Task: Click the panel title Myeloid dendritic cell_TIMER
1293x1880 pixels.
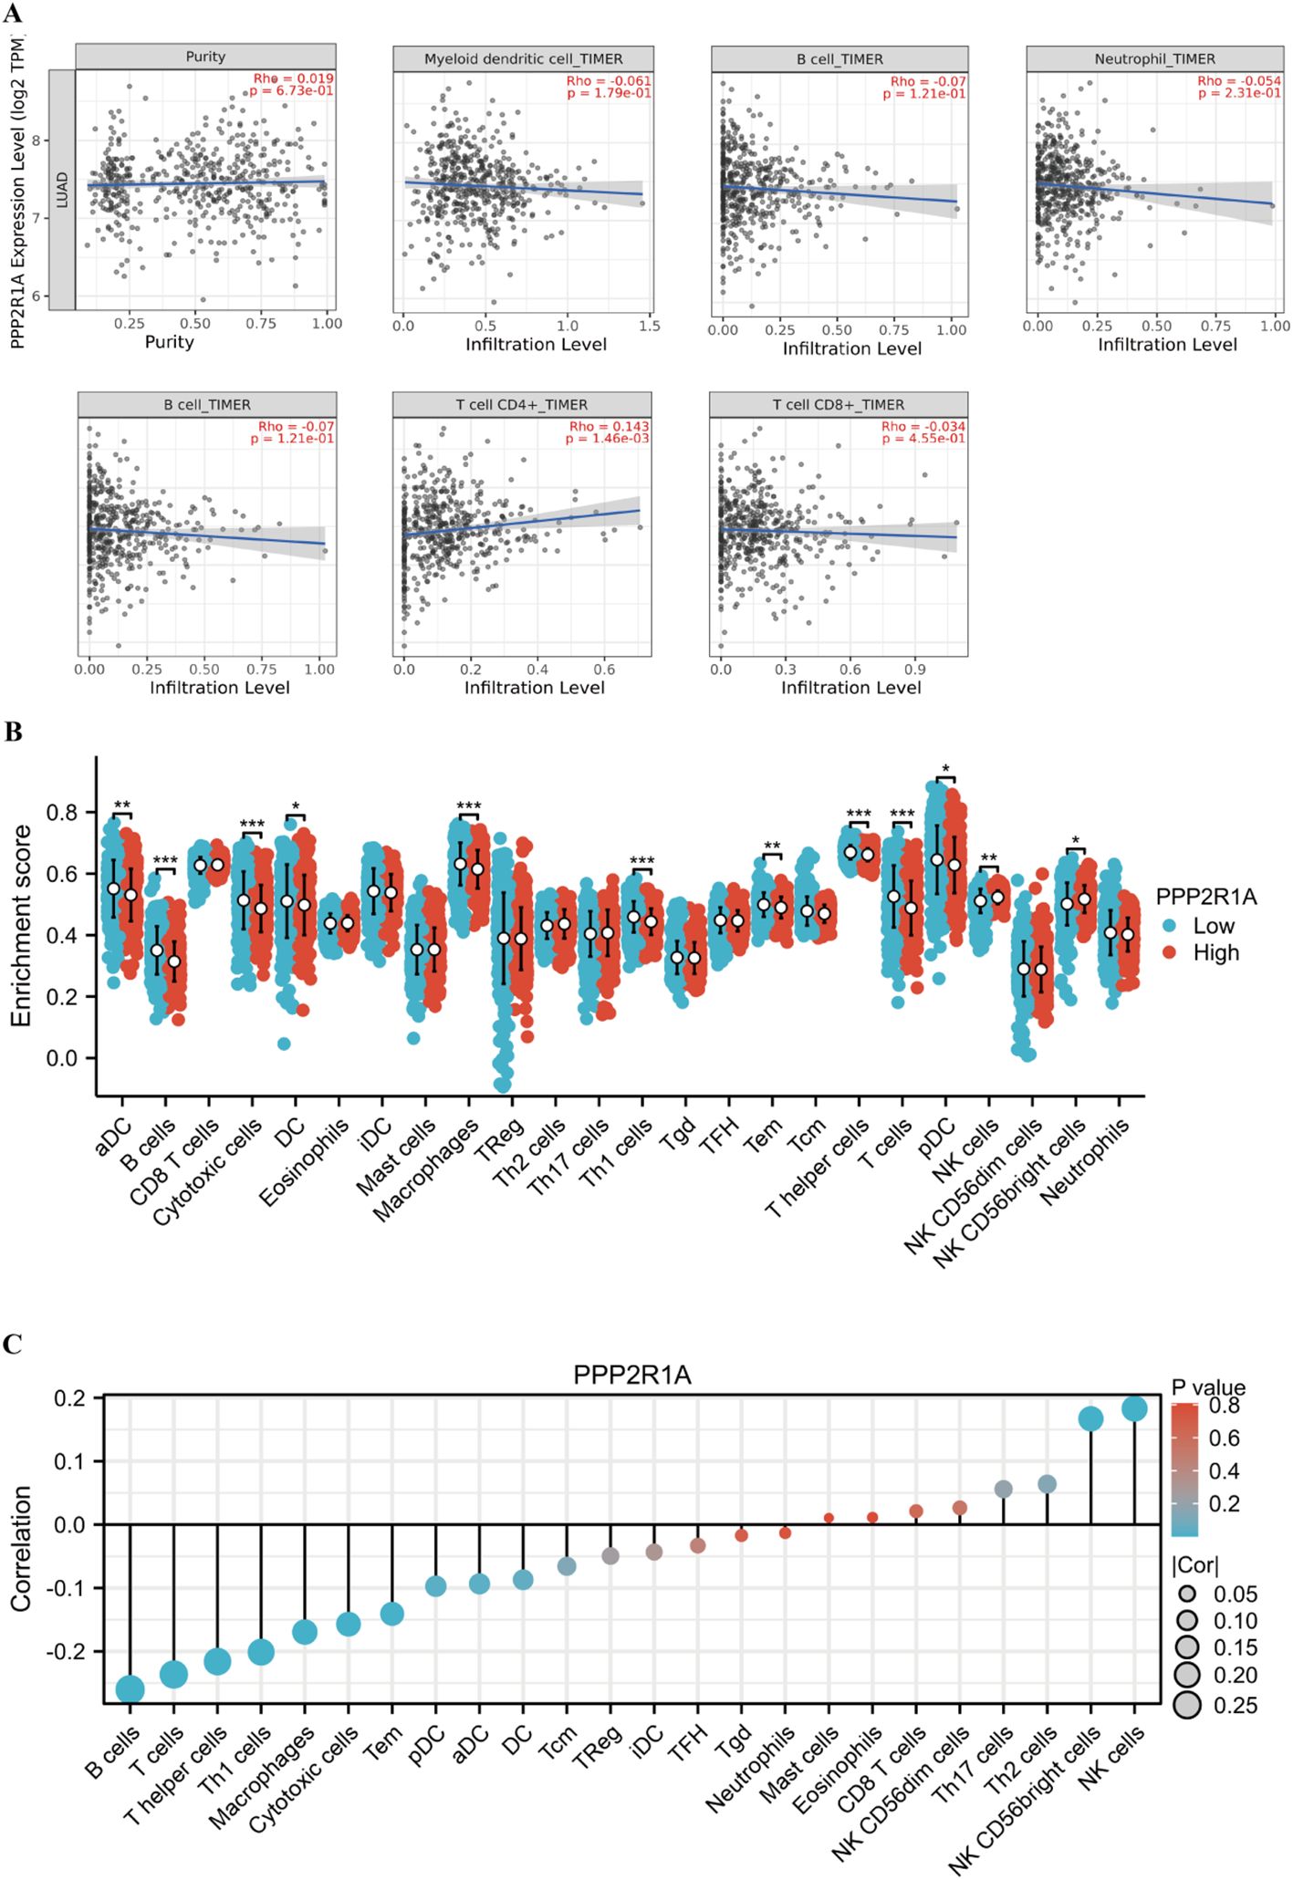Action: (x=523, y=59)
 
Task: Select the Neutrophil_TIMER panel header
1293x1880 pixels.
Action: (x=1154, y=59)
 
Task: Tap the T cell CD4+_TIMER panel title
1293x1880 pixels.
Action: (x=522, y=405)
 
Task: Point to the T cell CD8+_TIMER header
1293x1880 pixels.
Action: (x=839, y=405)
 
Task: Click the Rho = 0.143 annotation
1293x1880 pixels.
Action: (x=610, y=426)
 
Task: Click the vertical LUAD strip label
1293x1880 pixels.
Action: (x=62, y=190)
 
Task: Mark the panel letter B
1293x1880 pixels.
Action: (x=13, y=732)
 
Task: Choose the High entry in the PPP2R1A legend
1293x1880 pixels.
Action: (x=1215, y=952)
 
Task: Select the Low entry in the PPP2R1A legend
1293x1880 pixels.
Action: (x=1213, y=926)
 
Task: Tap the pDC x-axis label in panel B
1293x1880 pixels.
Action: (x=937, y=1136)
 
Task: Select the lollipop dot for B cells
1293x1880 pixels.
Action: (x=130, y=1688)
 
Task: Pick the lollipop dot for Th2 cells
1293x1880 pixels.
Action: (x=1048, y=1484)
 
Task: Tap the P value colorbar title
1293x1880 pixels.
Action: (x=1208, y=1387)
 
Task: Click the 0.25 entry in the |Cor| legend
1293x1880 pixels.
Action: (x=1235, y=1705)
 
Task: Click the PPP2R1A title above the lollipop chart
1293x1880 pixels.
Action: (x=631, y=1375)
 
